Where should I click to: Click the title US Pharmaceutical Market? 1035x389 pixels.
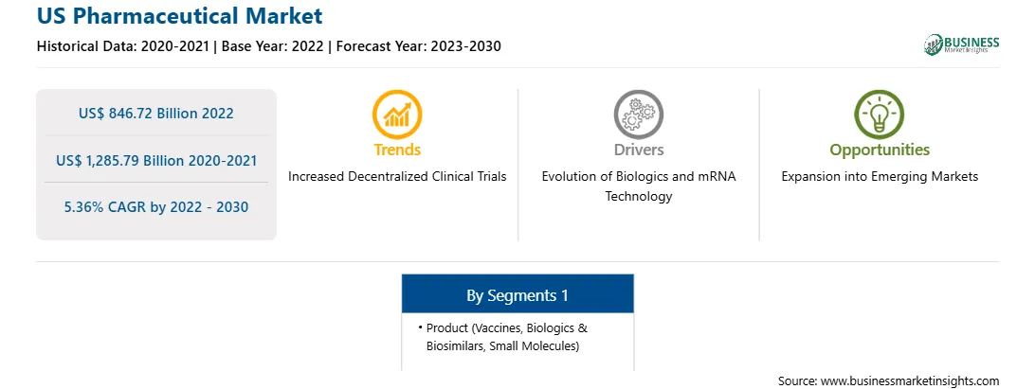point(179,16)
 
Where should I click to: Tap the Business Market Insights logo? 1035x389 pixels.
point(962,44)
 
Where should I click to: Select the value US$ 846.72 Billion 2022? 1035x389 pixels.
point(155,114)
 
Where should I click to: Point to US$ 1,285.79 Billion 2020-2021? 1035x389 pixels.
point(155,160)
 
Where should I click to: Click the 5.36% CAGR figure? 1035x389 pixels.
point(155,207)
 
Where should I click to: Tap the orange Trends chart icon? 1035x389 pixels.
point(397,115)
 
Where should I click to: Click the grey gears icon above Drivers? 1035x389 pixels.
point(638,115)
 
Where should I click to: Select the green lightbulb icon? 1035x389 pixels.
point(880,115)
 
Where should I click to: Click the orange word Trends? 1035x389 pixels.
point(397,150)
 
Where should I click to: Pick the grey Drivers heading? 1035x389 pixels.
point(638,150)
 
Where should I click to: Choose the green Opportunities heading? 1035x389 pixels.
point(880,150)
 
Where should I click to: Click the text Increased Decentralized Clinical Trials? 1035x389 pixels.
point(397,177)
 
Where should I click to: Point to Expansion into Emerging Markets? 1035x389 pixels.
point(880,177)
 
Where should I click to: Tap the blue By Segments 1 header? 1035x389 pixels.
point(517,295)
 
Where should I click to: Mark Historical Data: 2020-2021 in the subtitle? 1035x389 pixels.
point(124,46)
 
